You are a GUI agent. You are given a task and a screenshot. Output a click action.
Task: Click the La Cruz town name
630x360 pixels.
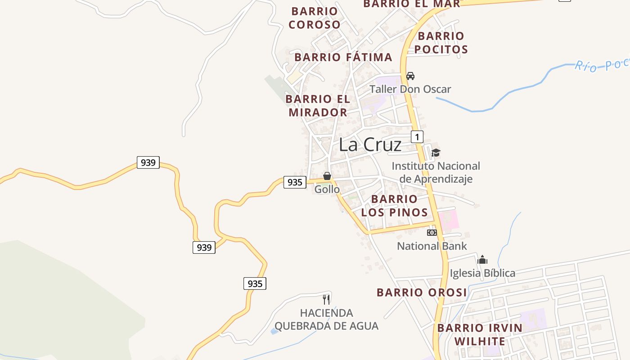(x=370, y=144)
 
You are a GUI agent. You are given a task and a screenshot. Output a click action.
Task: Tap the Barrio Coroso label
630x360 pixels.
(x=315, y=18)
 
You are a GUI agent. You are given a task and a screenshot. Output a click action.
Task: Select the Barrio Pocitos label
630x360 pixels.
(x=441, y=43)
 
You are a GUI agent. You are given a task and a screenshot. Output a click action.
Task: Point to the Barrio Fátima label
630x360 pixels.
(x=343, y=57)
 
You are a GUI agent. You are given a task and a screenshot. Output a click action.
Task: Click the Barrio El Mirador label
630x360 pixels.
(x=318, y=105)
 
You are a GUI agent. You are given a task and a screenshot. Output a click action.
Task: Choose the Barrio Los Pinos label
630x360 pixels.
(x=395, y=206)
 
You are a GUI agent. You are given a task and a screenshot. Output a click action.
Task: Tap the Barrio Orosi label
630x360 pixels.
(x=422, y=292)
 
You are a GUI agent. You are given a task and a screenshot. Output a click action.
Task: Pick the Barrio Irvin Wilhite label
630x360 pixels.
(x=480, y=334)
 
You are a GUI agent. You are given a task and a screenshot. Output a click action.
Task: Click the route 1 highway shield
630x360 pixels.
(x=417, y=137)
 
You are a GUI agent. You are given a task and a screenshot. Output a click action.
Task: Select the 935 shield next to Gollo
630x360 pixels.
(x=295, y=182)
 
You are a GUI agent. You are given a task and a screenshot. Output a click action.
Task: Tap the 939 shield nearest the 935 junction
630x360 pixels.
(x=204, y=247)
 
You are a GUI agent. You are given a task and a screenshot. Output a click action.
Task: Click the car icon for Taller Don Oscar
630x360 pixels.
(x=410, y=76)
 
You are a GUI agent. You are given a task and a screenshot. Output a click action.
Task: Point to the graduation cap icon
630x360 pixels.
(x=436, y=153)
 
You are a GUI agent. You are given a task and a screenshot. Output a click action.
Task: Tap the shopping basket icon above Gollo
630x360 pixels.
(x=327, y=176)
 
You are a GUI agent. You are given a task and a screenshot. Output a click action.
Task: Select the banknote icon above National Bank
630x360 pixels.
(x=432, y=233)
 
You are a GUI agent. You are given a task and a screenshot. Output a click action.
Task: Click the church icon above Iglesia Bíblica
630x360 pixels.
(x=482, y=260)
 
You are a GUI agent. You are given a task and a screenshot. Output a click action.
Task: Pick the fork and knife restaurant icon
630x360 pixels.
(x=327, y=299)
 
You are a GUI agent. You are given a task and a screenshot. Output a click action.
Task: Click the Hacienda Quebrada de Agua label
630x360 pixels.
(x=327, y=319)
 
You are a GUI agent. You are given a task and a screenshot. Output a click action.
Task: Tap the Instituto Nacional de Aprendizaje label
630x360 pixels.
(x=436, y=172)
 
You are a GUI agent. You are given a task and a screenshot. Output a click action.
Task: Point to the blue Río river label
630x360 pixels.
(x=601, y=66)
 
